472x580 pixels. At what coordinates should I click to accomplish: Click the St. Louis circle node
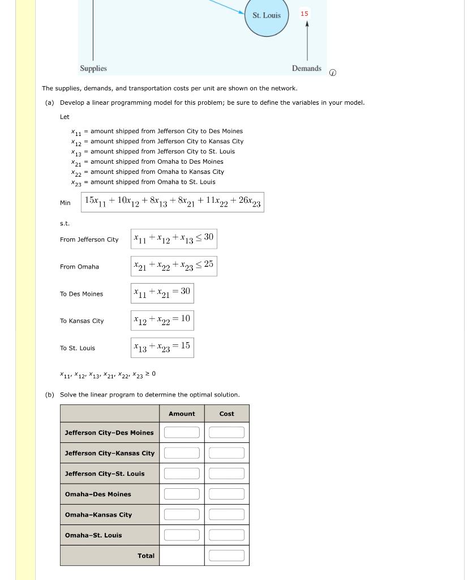(267, 16)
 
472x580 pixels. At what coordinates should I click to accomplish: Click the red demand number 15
(304, 14)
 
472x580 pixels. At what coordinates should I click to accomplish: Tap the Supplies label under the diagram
(93, 69)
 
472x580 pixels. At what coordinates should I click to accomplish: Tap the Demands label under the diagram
(306, 69)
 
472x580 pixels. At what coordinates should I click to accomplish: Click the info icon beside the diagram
(333, 72)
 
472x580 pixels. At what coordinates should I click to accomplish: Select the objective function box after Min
(172, 202)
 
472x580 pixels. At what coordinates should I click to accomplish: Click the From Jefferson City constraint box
(174, 239)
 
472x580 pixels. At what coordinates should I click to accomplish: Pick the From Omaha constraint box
(174, 266)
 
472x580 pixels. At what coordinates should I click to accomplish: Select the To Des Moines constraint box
(162, 293)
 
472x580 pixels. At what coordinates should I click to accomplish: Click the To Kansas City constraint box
(162, 321)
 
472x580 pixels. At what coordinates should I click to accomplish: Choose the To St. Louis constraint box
(162, 348)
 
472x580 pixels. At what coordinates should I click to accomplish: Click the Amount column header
(182, 414)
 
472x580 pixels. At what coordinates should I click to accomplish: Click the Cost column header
(226, 414)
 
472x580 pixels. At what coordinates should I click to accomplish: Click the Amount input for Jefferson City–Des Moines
(182, 433)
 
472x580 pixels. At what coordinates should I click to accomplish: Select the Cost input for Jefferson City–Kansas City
(226, 453)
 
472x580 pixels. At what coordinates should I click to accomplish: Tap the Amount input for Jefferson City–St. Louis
(182, 474)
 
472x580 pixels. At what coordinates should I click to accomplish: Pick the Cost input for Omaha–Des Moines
(226, 494)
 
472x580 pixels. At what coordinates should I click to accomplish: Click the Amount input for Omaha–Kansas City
(182, 514)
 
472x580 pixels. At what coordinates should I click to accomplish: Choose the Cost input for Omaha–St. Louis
(226, 535)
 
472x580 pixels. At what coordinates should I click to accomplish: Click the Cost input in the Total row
(226, 556)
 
